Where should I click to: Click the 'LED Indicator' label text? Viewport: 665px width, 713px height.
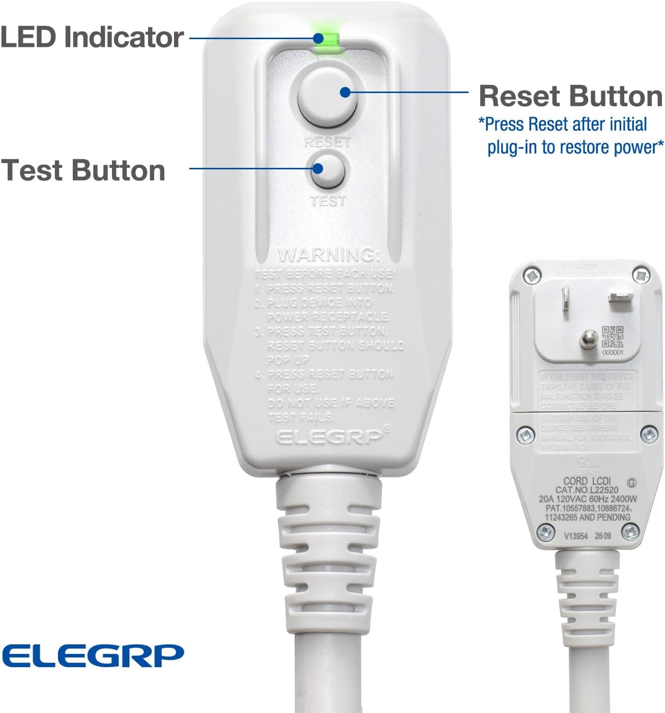92,38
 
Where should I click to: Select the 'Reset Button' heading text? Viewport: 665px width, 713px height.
570,96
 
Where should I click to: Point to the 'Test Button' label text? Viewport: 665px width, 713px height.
83,170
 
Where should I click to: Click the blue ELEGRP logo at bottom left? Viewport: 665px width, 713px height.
93,655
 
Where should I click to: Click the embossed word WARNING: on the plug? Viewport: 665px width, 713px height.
329,254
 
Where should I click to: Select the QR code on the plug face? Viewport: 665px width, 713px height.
612,337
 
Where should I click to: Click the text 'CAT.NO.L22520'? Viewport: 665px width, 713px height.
587,490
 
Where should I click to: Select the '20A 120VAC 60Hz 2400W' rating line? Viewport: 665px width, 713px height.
588,499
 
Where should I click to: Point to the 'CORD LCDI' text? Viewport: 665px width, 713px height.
587,481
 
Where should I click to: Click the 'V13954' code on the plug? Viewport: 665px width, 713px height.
575,536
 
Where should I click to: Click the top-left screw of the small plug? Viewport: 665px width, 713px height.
532,275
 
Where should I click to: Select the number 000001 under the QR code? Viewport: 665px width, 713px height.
612,352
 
